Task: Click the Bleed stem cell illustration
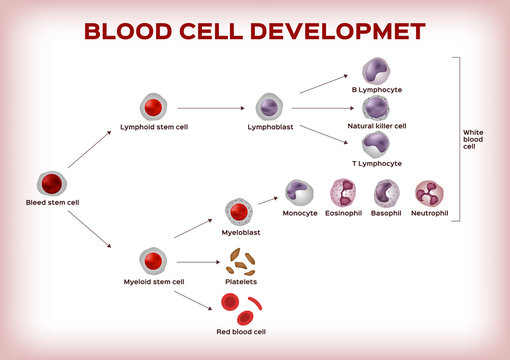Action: click(x=52, y=184)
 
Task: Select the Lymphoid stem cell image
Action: click(x=152, y=108)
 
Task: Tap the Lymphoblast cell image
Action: click(x=269, y=107)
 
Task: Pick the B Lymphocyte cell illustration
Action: click(x=376, y=70)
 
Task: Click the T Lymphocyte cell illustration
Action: click(x=376, y=144)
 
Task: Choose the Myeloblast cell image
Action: click(x=237, y=212)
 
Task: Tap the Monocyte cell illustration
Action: click(x=299, y=194)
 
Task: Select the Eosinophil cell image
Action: click(x=343, y=194)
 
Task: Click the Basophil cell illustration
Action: click(x=386, y=194)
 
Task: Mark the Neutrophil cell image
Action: click(x=429, y=194)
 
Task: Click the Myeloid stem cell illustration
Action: click(x=152, y=262)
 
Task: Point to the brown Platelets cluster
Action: click(x=240, y=262)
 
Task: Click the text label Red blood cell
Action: click(x=240, y=331)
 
